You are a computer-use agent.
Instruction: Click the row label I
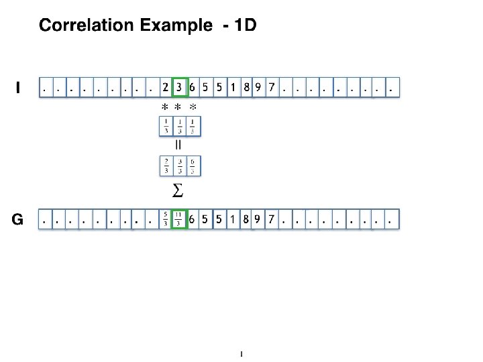(18, 87)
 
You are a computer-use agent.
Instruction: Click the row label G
(19, 219)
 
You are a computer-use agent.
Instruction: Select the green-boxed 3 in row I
(179, 87)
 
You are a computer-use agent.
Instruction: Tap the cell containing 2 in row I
(166, 87)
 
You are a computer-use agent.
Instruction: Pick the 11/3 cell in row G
(179, 219)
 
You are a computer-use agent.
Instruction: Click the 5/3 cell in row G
(166, 219)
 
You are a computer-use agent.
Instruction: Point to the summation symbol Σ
(178, 192)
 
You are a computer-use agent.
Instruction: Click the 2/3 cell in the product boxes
(166, 165)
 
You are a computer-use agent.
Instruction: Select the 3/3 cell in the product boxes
(179, 165)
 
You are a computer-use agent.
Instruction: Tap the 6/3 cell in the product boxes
(193, 165)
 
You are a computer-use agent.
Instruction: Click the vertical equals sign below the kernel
(178, 143)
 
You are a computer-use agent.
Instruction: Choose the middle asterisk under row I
(178, 107)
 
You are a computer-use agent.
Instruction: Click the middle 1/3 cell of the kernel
(179, 125)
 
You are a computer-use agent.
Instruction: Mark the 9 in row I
(258, 87)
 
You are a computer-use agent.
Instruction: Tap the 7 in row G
(271, 219)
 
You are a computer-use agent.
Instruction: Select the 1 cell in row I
(232, 87)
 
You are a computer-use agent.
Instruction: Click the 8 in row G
(247, 219)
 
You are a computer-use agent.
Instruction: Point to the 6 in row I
(193, 87)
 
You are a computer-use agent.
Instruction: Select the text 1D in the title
(244, 26)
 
